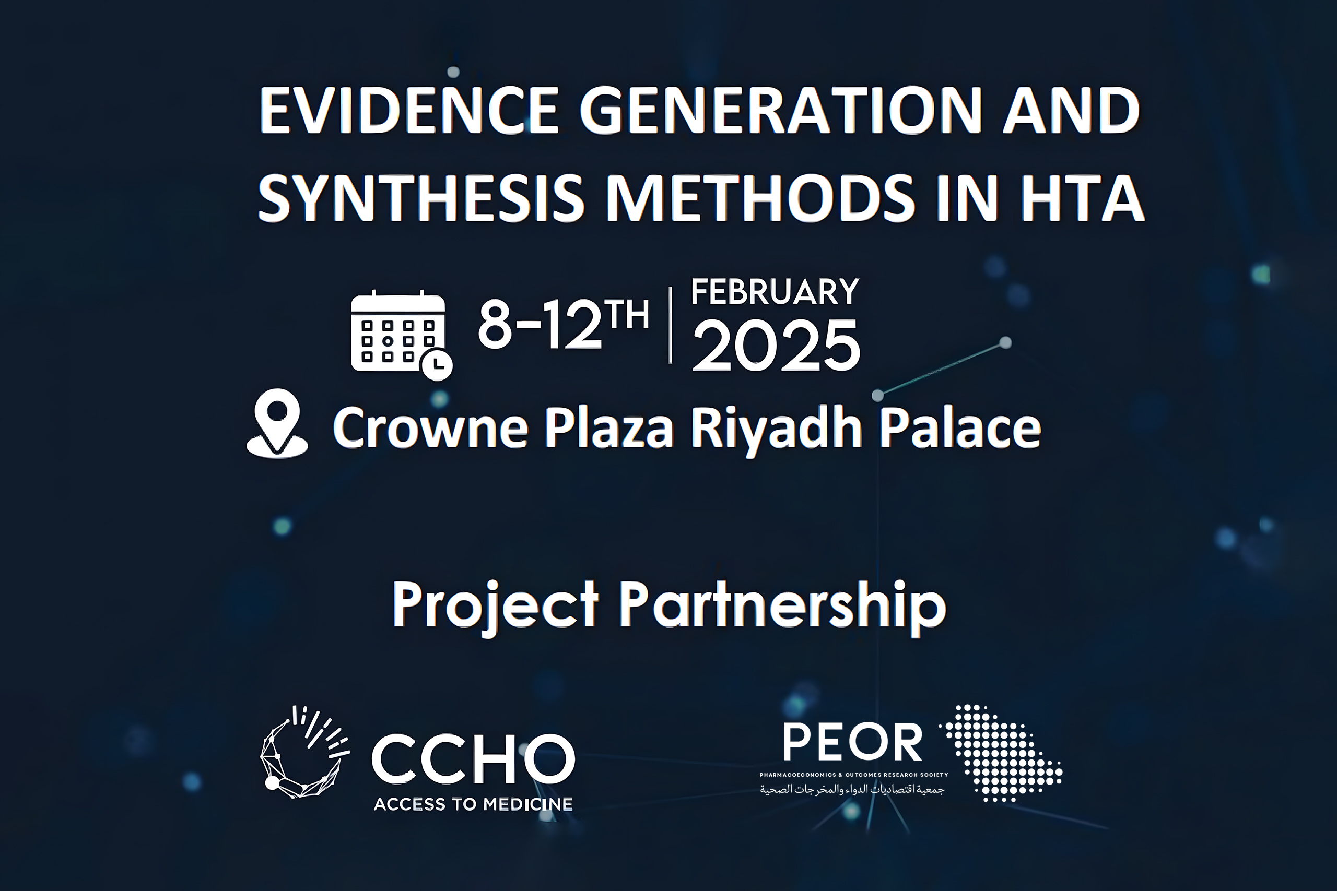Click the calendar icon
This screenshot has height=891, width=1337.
tap(398, 332)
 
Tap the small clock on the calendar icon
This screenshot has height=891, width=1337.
tap(437, 364)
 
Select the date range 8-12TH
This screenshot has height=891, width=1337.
tap(563, 324)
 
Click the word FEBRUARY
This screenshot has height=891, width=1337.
tap(775, 292)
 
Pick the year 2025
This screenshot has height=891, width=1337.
tap(776, 345)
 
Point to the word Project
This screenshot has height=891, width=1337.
tap(495, 605)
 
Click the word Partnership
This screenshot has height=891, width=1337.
tap(782, 605)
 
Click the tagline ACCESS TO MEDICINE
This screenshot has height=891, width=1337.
tap(473, 804)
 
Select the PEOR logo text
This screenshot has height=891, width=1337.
tap(853, 742)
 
